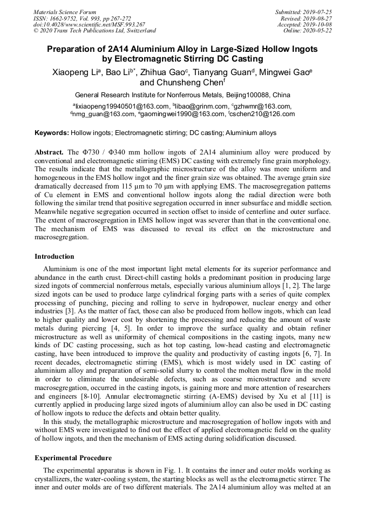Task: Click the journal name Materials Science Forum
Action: click(x=65, y=12)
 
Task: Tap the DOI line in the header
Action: click(x=89, y=24)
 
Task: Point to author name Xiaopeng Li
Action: click(x=74, y=72)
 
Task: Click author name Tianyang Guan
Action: click(x=221, y=72)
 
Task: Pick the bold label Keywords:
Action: click(x=52, y=133)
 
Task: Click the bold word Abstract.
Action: click(x=50, y=153)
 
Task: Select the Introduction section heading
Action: click(x=55, y=257)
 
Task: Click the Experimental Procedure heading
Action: click(x=73, y=458)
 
